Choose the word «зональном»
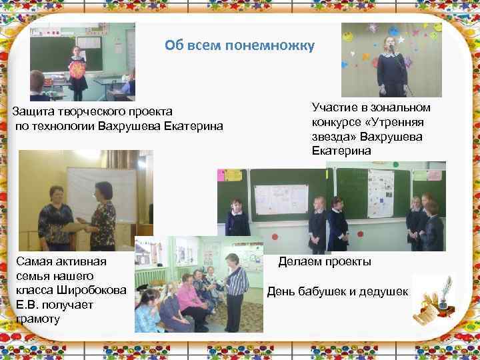[399, 107]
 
